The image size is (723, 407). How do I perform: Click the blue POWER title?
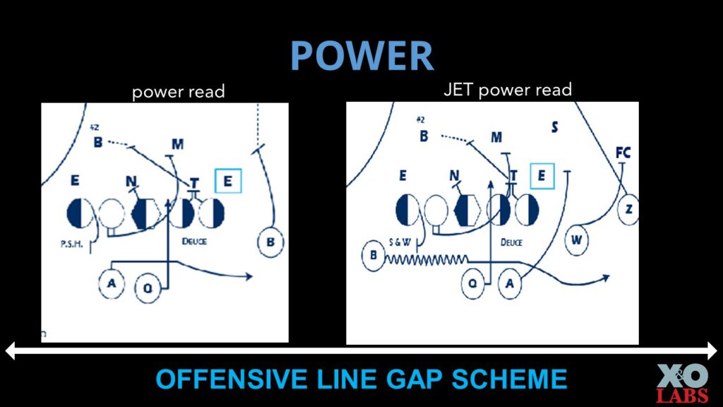tap(361, 56)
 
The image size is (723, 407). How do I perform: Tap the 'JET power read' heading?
tap(507, 90)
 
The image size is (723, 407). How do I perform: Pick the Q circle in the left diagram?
tap(148, 288)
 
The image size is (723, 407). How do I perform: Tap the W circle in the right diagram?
tap(577, 240)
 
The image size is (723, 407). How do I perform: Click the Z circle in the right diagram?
tap(628, 210)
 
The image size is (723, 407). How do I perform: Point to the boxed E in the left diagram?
tap(228, 181)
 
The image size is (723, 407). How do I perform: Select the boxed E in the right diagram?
tap(542, 176)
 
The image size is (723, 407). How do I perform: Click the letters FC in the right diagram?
tap(623, 153)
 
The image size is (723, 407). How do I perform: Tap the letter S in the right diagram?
tap(555, 127)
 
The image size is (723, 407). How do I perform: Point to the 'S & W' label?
tap(400, 242)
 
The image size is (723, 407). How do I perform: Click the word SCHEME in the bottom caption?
tap(507, 379)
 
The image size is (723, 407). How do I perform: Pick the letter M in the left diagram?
tap(177, 144)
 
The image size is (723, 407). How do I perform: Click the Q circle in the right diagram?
tap(473, 284)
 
